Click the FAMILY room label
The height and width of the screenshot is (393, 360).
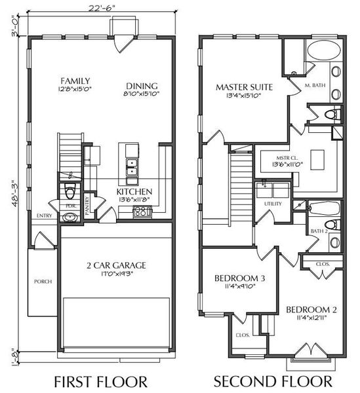(74, 81)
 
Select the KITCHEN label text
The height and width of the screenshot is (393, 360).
(134, 191)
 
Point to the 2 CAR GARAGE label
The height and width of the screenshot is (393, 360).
(115, 265)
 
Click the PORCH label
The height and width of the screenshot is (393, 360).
(43, 282)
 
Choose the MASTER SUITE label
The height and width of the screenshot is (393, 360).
(244, 86)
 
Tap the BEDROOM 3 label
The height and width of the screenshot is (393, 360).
(239, 278)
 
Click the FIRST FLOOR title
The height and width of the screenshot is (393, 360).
(101, 381)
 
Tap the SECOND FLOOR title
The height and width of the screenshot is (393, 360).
(273, 381)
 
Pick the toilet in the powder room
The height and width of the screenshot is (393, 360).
(70, 193)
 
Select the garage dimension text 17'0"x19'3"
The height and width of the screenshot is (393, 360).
(115, 275)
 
